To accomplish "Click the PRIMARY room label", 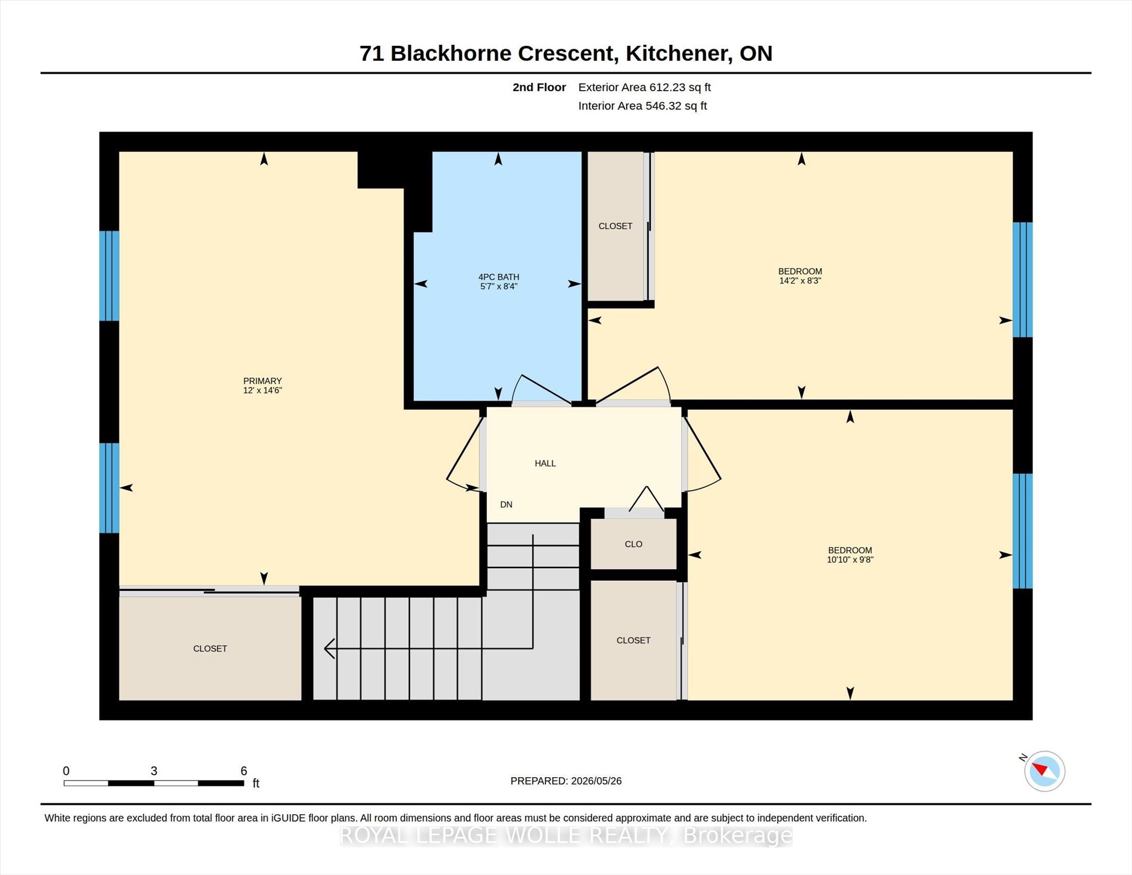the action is coord(263,381).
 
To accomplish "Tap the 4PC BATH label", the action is coord(499,277).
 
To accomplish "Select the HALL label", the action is coord(545,463).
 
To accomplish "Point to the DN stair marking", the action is coord(506,504).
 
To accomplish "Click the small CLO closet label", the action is coord(633,544).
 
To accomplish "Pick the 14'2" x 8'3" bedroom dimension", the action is coord(800,281).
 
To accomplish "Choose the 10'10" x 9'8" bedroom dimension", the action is coord(850,560).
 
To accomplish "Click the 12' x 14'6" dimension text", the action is coord(263,390).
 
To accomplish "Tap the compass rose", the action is coord(1045,771).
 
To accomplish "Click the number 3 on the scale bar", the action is coord(154,771).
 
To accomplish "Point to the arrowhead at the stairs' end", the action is coord(329,648).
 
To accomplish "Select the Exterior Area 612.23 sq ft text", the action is coord(644,87).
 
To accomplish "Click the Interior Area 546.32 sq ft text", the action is coord(643,106).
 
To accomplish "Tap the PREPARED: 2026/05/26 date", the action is coord(566,781).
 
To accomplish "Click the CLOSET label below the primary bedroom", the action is coord(210,648).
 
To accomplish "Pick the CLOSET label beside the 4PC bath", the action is coord(615,226).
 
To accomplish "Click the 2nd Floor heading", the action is coord(539,87).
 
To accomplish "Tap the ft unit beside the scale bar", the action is coord(256,783).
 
